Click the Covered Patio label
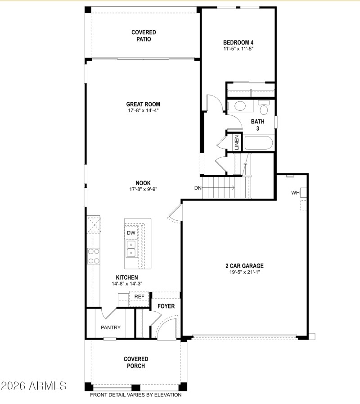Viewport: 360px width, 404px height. coord(144,36)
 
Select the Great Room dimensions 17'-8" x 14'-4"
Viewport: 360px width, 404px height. coord(143,110)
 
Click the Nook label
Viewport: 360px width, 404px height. coord(144,183)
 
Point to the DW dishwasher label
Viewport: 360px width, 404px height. coord(131,232)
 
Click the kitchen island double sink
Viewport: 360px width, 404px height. coord(131,248)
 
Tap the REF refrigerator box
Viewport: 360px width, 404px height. coord(139,297)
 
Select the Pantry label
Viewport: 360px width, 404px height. coord(111,327)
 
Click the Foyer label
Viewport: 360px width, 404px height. coord(166,306)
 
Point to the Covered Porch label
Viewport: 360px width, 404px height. coord(136,362)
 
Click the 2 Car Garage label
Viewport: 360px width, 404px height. coord(245,266)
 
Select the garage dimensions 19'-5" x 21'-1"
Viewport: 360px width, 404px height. coord(245,272)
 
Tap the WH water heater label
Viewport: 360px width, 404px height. coord(295,193)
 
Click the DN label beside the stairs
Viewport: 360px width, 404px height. coord(198,188)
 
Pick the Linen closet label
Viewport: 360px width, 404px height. coord(236,143)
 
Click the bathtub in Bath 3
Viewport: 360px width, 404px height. coord(258,144)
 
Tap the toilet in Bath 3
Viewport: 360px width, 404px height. coord(263,109)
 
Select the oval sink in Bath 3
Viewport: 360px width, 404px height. coord(240,107)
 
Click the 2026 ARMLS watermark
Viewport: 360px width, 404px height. coord(34,386)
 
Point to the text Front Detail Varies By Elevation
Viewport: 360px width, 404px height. coord(136,395)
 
